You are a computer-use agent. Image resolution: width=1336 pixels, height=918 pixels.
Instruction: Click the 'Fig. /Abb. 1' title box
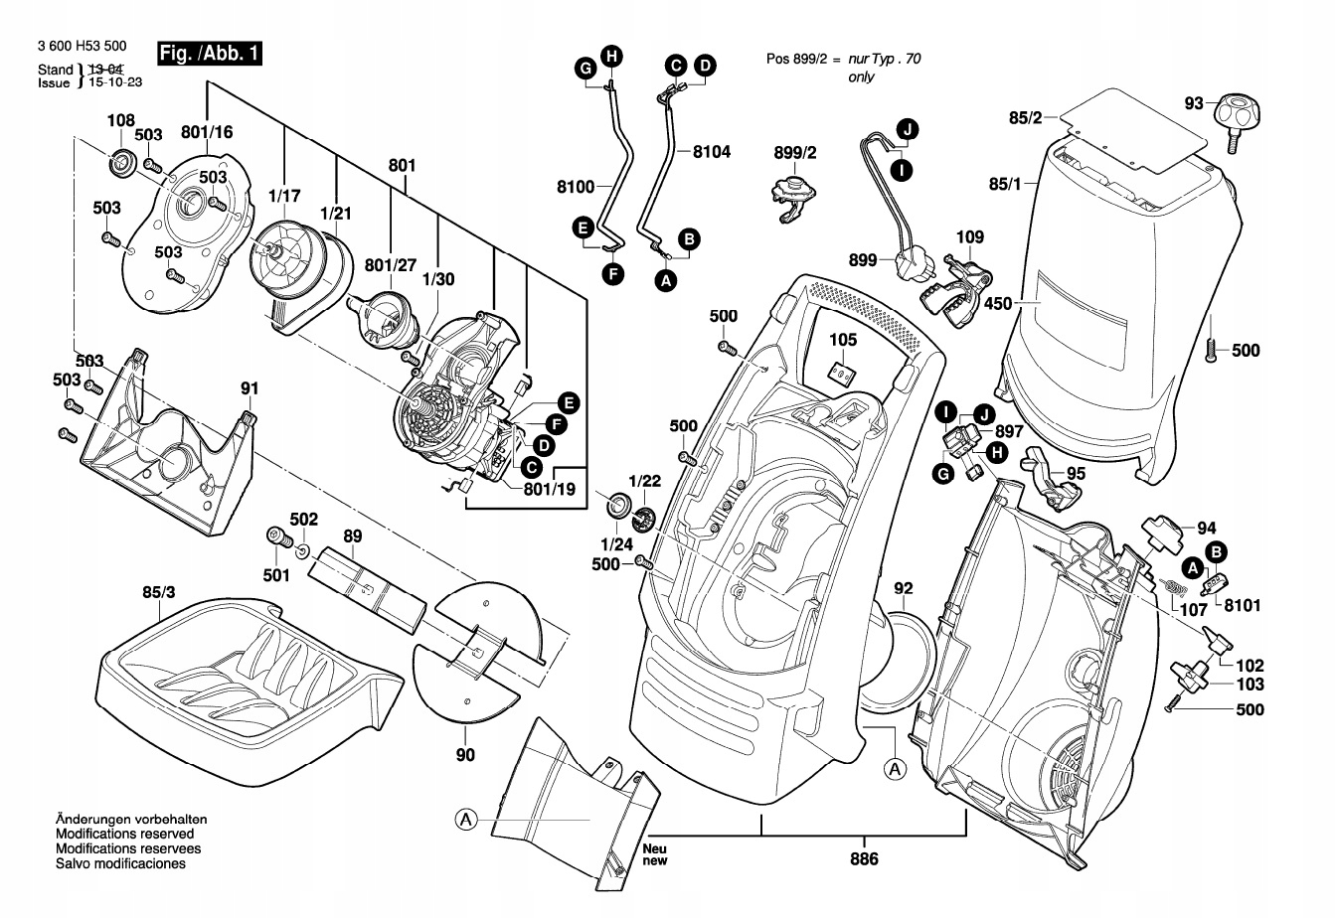click(x=210, y=54)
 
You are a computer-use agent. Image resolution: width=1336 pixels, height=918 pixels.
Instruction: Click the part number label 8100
click(x=577, y=185)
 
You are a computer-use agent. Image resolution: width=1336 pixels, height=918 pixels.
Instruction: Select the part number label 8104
click(x=711, y=152)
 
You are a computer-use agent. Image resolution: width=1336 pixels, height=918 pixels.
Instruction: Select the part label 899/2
click(x=794, y=153)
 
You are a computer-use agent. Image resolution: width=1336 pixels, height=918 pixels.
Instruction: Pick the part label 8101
click(x=1242, y=604)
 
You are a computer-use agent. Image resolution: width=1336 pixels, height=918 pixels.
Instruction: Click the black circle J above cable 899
click(x=906, y=127)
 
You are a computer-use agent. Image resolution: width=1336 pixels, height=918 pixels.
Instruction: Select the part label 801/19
click(x=549, y=489)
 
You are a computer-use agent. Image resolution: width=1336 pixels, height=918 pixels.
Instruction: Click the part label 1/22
click(x=644, y=480)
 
